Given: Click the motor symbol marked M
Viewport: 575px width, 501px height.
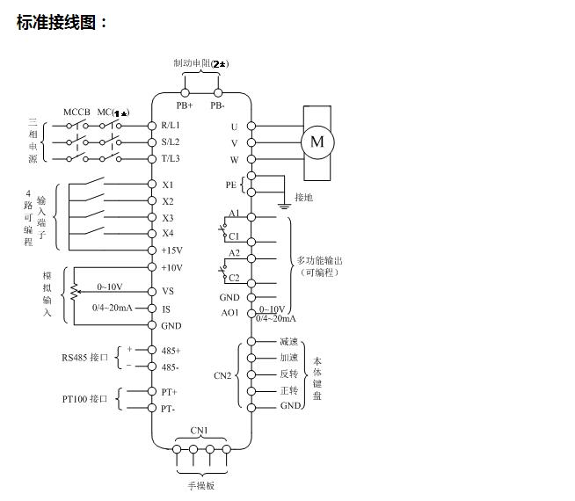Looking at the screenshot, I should pyautogui.click(x=317, y=141).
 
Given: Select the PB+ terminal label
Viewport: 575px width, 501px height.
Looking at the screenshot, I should pyautogui.click(x=185, y=105).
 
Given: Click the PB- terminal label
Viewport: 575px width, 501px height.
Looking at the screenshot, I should pyautogui.click(x=217, y=105).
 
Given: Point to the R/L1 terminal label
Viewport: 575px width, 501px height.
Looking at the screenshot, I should pyautogui.click(x=171, y=126).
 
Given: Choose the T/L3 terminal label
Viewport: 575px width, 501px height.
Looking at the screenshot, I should pyautogui.click(x=171, y=158).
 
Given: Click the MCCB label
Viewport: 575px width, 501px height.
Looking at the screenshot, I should pyautogui.click(x=76, y=113).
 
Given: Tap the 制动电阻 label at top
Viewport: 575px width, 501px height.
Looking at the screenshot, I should pyautogui.click(x=195, y=63).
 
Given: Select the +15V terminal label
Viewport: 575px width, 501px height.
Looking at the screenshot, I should pyautogui.click(x=171, y=250).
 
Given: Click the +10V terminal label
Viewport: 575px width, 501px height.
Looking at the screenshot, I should pyautogui.click(x=171, y=267).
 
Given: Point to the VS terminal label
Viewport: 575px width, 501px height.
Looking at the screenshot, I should pyautogui.click(x=167, y=291).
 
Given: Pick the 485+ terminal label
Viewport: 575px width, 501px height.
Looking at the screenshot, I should pyautogui.click(x=171, y=350).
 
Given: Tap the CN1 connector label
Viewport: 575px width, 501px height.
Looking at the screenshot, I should pyautogui.click(x=200, y=431).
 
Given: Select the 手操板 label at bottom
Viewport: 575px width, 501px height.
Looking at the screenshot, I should pyautogui.click(x=201, y=485).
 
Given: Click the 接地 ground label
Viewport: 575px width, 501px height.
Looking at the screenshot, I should pyautogui.click(x=303, y=198).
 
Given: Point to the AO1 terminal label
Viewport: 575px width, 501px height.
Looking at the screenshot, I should pyautogui.click(x=229, y=312).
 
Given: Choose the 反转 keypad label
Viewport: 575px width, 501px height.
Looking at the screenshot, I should pyautogui.click(x=290, y=374).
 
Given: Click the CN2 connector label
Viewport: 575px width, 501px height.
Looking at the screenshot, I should pyautogui.click(x=222, y=375).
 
